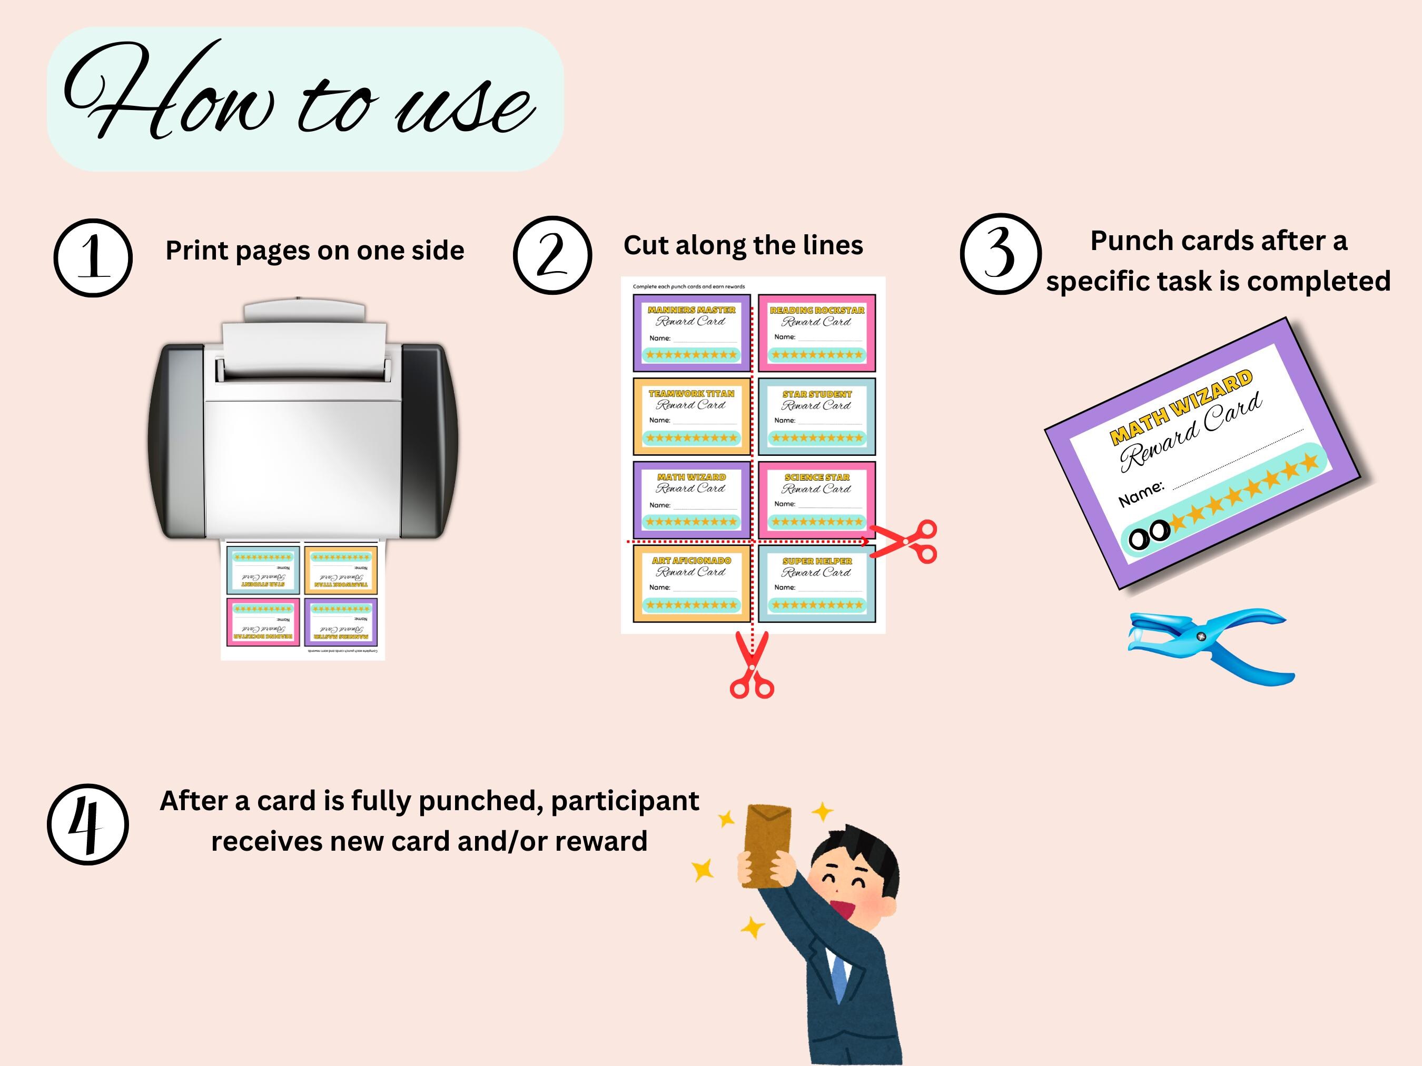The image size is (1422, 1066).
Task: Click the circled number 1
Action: click(x=93, y=257)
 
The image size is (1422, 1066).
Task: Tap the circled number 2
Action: click(x=552, y=255)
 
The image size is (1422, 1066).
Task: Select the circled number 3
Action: click(x=1000, y=254)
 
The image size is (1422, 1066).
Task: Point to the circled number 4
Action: click(x=88, y=824)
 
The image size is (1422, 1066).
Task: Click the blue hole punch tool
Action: click(x=1209, y=646)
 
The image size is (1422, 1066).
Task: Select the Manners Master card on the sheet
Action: click(x=691, y=333)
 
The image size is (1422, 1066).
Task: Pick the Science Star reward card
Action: click(x=816, y=500)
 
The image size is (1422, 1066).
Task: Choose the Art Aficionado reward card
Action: click(x=691, y=583)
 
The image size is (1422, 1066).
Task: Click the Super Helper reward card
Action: click(x=816, y=583)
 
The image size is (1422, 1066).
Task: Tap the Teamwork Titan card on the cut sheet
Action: click(x=691, y=416)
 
